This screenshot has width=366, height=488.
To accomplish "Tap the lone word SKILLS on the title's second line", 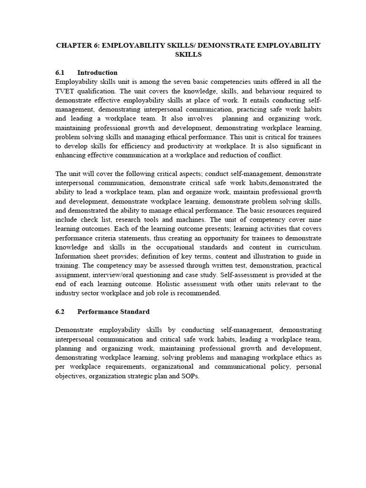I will (188, 55).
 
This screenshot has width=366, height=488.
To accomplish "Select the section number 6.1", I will (60, 73).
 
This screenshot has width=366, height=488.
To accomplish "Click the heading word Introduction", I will (97, 73).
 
